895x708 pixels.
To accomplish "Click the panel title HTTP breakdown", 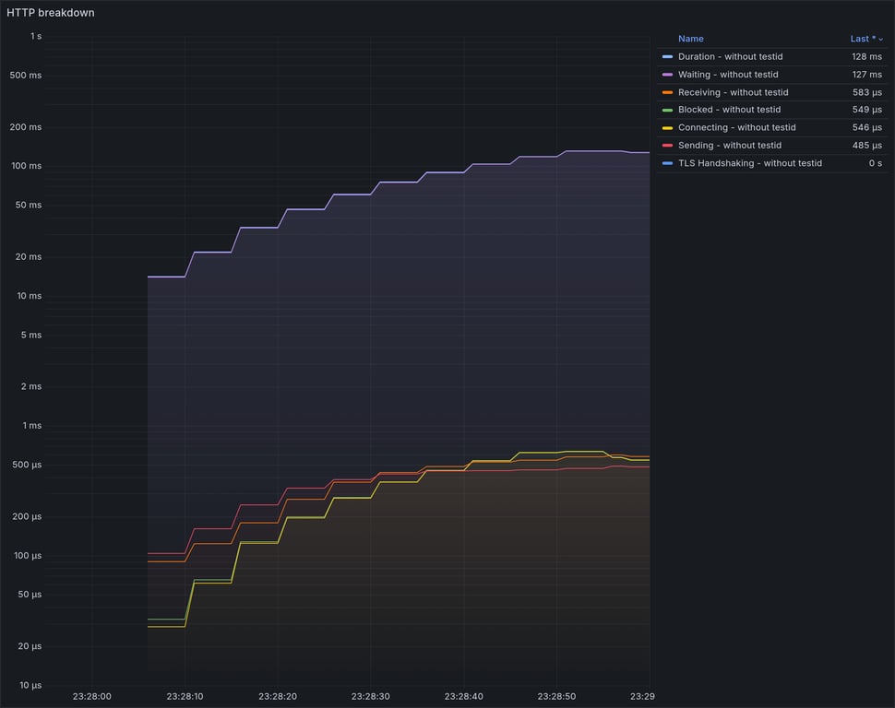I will point(51,13).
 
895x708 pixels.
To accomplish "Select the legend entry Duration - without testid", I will point(730,57).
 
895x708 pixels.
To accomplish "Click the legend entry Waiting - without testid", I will point(728,75).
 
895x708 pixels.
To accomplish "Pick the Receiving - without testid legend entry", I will point(733,92).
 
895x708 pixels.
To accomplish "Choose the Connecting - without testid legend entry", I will point(736,127).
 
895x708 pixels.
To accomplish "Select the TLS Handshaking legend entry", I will point(749,163).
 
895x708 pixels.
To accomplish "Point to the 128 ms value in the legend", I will point(866,57).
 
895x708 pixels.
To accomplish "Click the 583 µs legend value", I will point(866,92).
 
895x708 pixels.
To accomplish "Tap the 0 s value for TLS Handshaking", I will point(875,163).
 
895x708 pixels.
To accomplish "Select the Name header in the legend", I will point(690,39).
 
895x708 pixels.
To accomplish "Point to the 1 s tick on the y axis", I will point(35,37).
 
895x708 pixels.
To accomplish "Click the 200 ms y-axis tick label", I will point(26,127).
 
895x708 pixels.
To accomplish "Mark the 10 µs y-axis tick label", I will point(30,686).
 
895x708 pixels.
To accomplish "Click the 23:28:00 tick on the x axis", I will point(91,697).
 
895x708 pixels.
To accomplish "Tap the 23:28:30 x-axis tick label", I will point(370,697).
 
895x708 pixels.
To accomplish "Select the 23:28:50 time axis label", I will point(555,697).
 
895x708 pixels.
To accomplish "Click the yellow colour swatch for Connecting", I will point(667,127).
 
